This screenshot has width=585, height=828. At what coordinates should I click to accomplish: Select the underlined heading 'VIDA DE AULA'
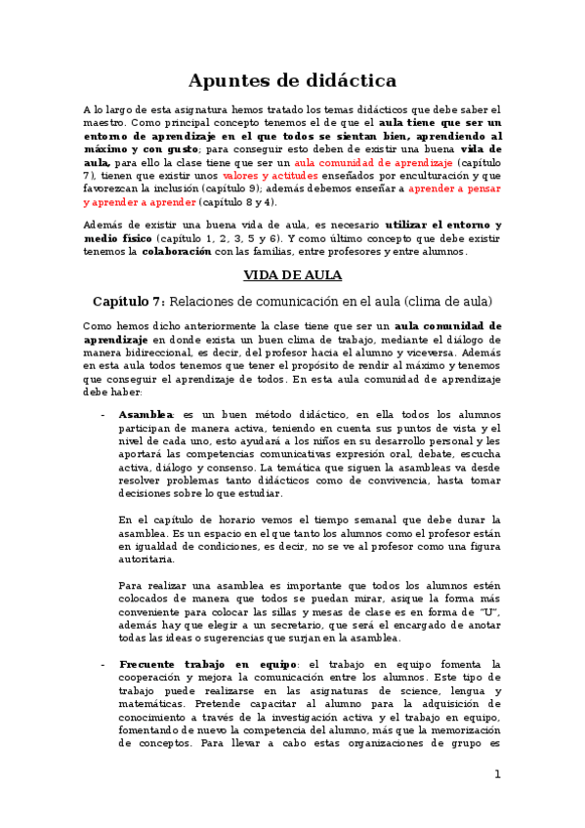(292, 275)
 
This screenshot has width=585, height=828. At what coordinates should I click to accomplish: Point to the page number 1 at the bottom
(497, 774)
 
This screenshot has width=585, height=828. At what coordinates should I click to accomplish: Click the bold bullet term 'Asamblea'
(145, 415)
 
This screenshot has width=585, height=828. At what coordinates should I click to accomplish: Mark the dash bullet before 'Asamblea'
(103, 415)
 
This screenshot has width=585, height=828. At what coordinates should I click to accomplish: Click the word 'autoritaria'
(146, 560)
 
